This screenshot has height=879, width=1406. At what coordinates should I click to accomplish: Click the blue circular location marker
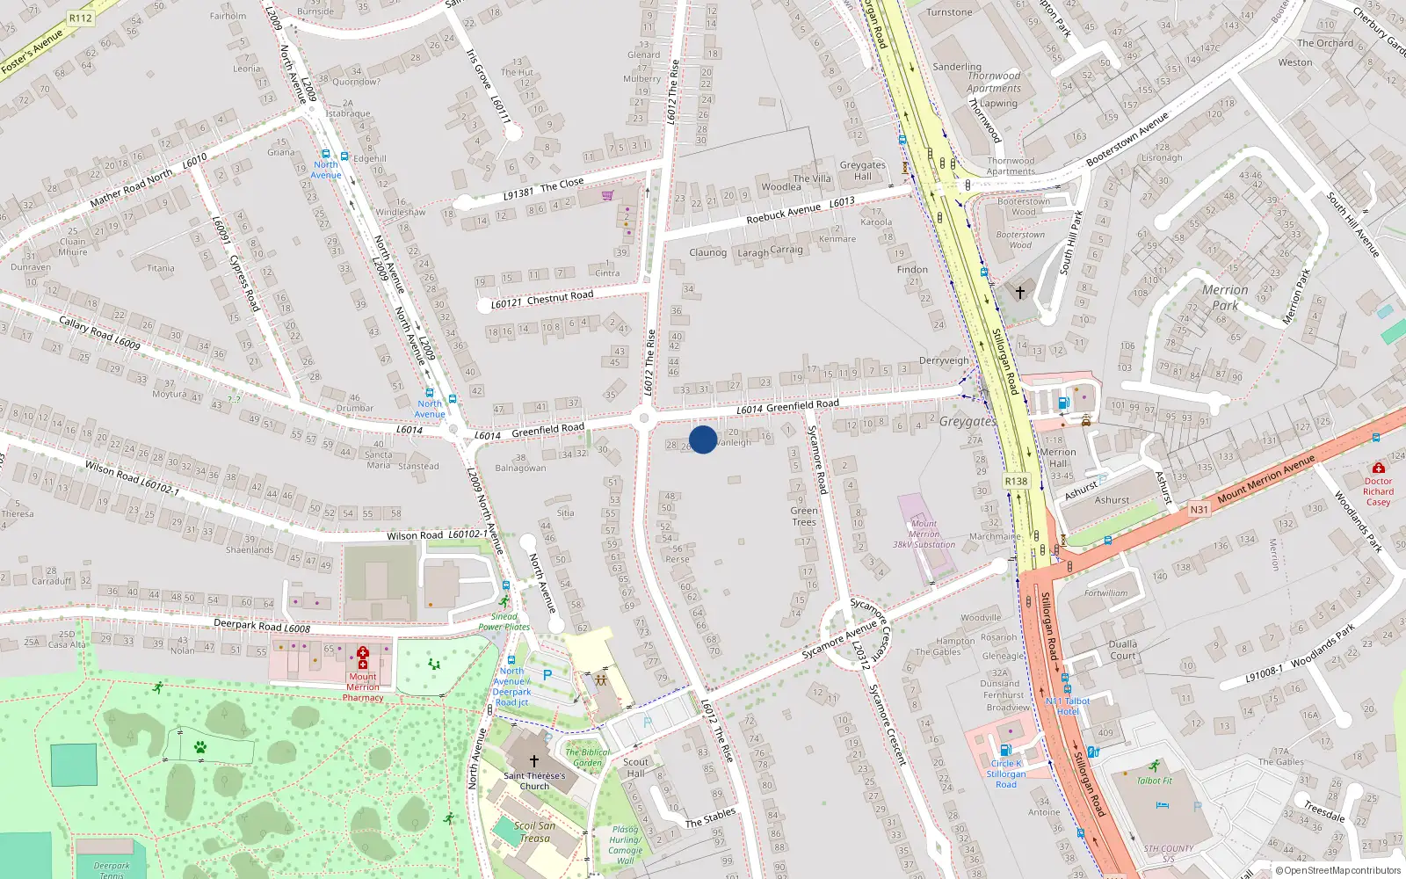click(703, 439)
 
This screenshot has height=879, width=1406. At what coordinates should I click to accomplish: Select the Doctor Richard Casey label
click(1378, 491)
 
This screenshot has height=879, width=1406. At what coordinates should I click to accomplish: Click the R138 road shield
click(1016, 481)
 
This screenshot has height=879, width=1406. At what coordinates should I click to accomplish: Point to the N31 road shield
click(1199, 510)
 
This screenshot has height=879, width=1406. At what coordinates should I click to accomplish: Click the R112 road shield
click(80, 18)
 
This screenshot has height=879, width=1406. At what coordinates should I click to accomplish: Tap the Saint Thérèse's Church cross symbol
click(533, 760)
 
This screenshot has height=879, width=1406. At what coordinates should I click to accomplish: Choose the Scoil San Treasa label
click(534, 832)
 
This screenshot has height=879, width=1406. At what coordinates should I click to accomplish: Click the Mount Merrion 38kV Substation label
click(924, 534)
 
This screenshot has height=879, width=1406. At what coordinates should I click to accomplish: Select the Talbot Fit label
click(1154, 781)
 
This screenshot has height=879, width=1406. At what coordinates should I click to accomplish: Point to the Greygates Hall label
click(862, 171)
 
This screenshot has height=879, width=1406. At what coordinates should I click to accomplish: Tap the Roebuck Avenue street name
click(783, 213)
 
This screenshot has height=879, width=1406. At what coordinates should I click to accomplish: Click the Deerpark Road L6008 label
click(262, 626)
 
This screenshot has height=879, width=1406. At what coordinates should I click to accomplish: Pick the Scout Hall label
click(635, 767)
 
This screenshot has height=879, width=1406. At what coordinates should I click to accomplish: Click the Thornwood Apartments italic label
click(994, 82)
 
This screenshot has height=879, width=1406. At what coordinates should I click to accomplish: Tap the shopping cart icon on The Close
click(607, 195)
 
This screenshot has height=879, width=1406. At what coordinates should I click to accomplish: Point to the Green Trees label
click(803, 516)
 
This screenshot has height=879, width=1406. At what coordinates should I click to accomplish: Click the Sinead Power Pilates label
click(504, 621)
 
